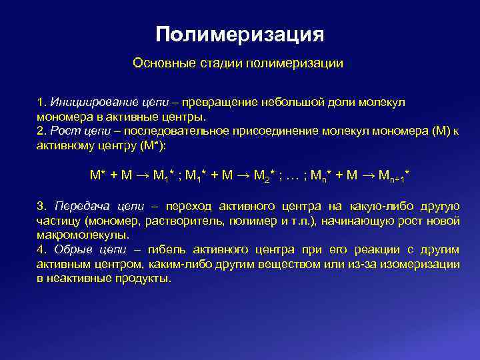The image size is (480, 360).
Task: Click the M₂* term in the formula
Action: point(265,175)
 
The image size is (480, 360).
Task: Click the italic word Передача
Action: point(77,206)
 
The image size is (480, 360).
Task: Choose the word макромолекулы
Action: point(83,235)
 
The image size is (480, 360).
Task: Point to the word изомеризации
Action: point(421,265)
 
